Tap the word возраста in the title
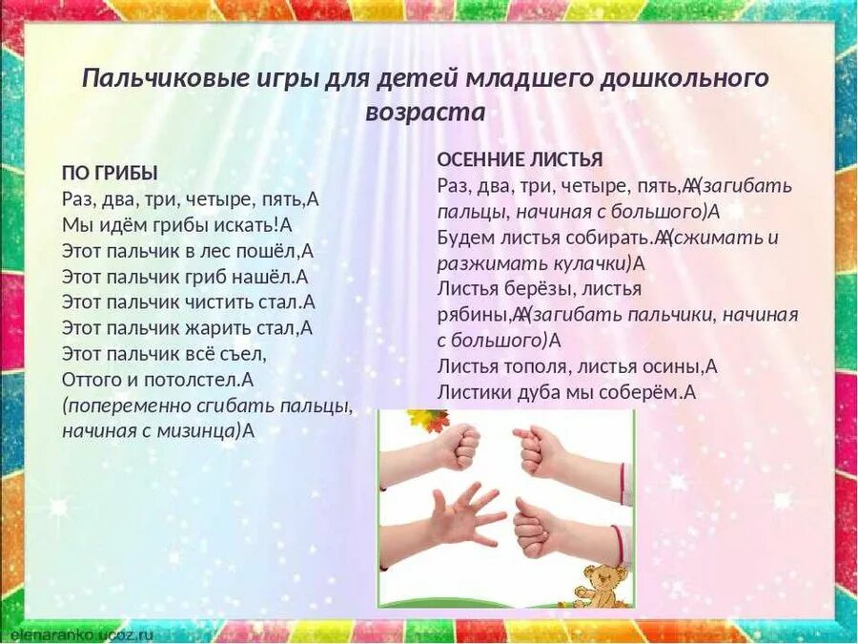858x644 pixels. click(425, 113)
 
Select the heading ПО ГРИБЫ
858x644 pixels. click(110, 173)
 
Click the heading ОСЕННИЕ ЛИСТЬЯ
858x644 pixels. click(520, 159)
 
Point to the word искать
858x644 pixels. click(245, 225)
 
